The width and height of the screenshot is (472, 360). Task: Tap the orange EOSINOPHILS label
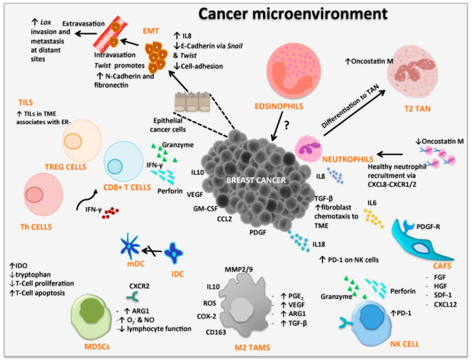(x=276, y=106)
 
